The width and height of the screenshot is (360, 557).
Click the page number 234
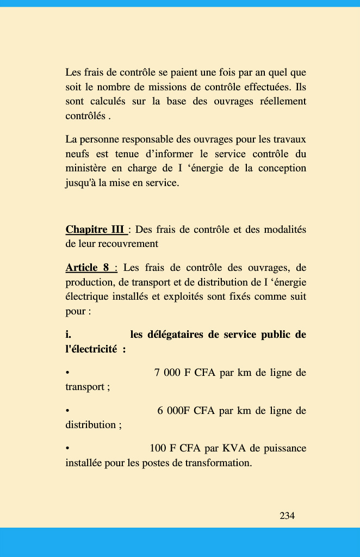pos(287,516)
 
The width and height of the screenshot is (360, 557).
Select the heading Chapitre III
pos(95,230)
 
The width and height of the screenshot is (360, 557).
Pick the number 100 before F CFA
pos(158,448)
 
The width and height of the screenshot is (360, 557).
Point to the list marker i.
pos(69,335)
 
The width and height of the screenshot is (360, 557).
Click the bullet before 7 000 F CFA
pos(67,373)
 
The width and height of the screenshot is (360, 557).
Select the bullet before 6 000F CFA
pos(67,411)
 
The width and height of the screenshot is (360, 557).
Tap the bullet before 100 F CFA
pos(67,449)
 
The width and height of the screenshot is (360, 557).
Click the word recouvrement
pos(130,244)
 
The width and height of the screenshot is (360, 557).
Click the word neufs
pos(77,154)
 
